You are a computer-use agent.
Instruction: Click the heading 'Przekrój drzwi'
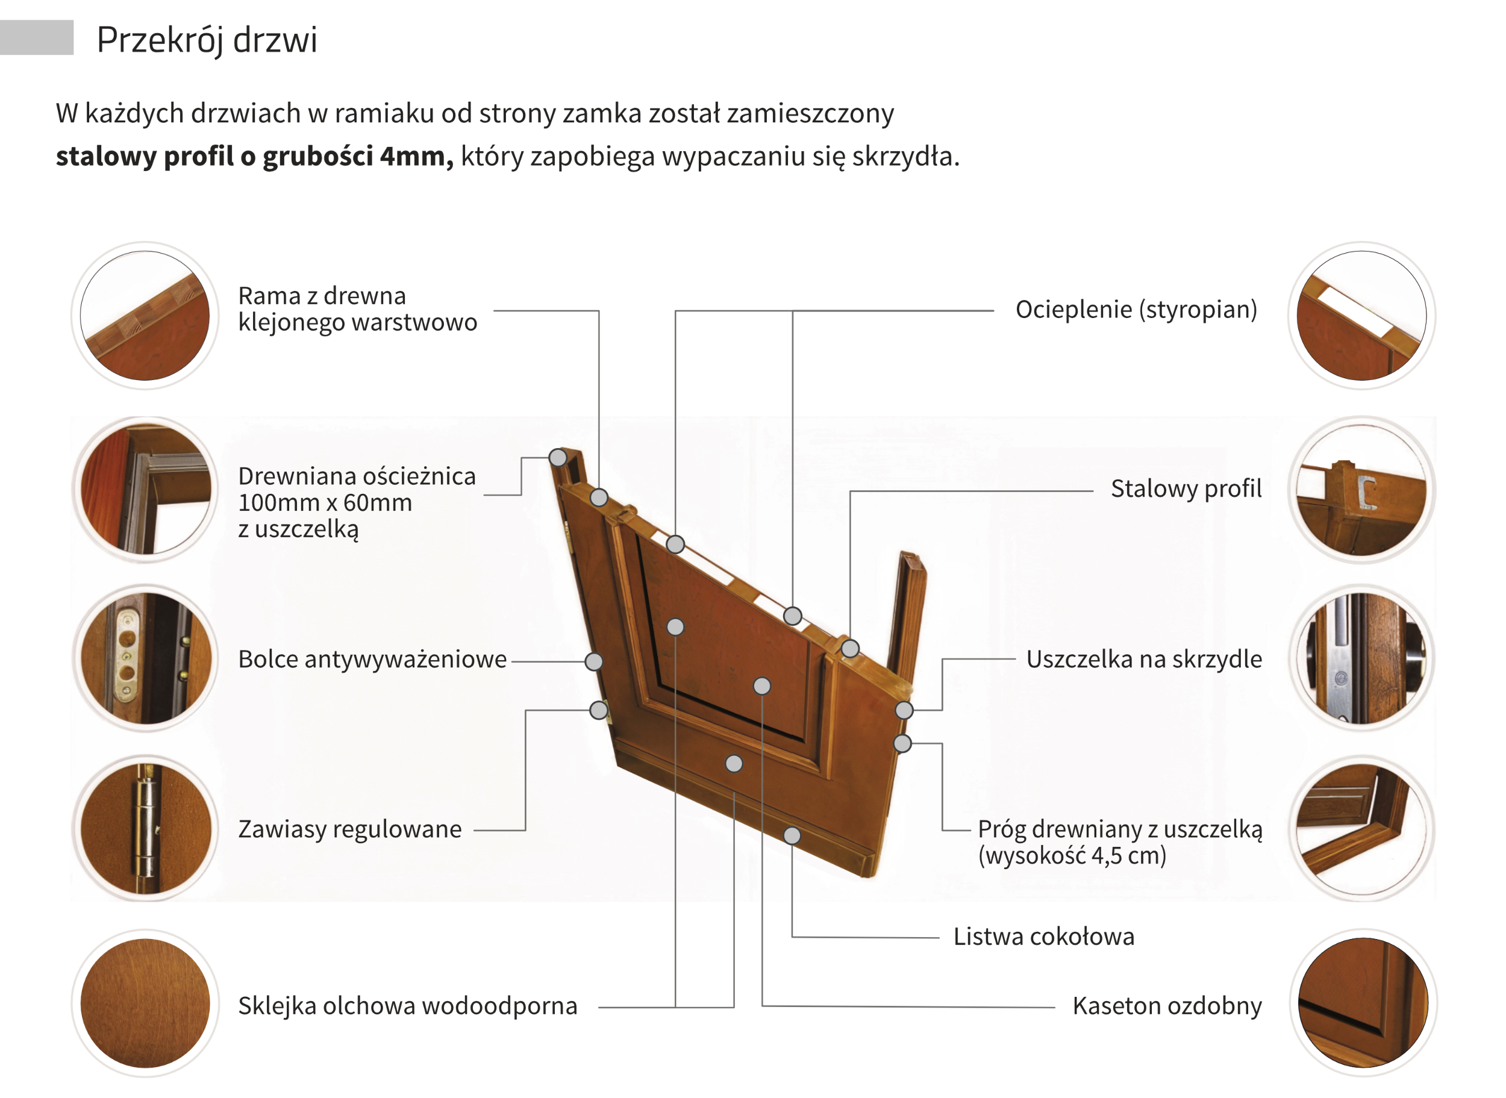point(207,40)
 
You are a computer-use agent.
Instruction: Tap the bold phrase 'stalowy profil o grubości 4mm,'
point(255,157)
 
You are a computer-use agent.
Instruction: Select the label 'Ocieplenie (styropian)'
point(1136,310)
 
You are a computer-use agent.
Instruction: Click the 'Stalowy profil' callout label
point(1186,488)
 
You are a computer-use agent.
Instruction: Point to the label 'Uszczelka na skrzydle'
point(1143,660)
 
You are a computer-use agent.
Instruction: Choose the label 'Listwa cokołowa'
point(1043,937)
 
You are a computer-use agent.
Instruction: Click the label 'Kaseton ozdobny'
point(1166,1006)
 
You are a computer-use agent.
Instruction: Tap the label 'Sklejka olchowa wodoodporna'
point(407,1006)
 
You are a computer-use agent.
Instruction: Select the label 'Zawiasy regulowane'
point(349,829)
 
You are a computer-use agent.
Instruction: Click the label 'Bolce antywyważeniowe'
point(372,660)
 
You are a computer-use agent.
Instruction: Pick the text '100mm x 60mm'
point(325,503)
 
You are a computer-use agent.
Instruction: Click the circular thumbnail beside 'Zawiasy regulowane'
point(145,829)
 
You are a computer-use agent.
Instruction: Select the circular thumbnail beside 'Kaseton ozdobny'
point(1363,1003)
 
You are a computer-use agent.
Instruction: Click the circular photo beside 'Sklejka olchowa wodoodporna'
point(145,1003)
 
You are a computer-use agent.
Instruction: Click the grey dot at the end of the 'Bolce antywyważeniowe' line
point(593,661)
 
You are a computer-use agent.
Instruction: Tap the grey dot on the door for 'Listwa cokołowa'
point(792,835)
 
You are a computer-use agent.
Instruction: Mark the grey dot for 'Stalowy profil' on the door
point(850,649)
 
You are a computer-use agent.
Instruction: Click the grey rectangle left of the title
point(37,37)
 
